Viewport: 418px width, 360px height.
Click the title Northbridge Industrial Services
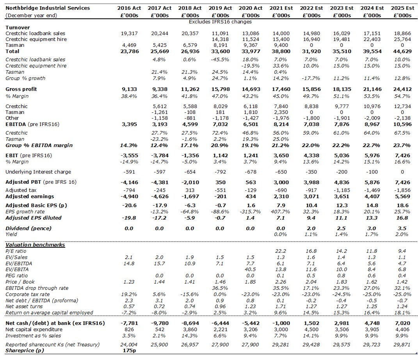[48, 8]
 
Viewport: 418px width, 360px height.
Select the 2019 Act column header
[220, 8]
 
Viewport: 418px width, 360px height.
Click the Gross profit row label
[21, 89]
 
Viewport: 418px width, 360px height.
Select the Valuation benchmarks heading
[35, 245]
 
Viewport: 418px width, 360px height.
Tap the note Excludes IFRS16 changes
[220, 21]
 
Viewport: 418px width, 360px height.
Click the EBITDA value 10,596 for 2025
[403, 124]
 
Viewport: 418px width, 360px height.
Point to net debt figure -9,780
[159, 324]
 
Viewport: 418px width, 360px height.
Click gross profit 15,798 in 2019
[220, 89]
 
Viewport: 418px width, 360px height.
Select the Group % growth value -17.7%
[311, 78]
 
